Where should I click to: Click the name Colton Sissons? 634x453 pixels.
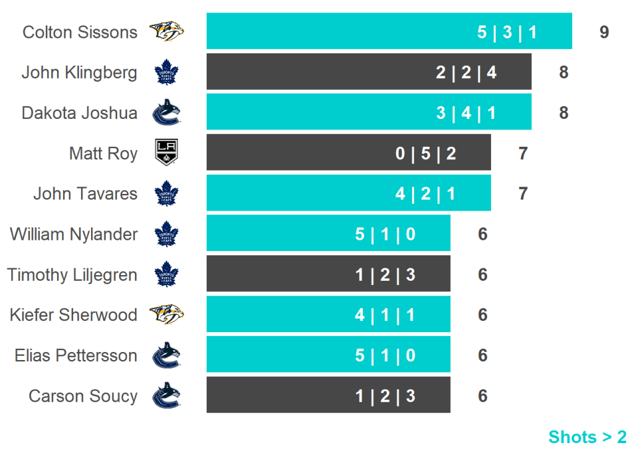(80, 32)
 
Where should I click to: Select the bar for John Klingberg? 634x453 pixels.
(368, 72)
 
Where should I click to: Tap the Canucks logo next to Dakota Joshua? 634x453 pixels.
(166, 113)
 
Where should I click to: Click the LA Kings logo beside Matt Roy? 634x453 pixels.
(166, 153)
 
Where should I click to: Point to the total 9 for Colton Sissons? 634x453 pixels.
(604, 32)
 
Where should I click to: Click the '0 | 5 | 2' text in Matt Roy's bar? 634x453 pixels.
(426, 153)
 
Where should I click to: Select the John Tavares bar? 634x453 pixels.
(349, 193)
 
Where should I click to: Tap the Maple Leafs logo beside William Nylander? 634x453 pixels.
(166, 234)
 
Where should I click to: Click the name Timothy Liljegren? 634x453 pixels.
(72, 275)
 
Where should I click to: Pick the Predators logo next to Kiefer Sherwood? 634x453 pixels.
(166, 314)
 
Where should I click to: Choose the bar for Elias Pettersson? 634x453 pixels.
(328, 355)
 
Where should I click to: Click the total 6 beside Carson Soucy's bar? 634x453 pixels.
(483, 395)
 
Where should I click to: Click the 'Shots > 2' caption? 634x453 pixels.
(587, 437)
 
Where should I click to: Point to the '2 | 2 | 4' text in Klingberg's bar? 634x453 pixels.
(466, 73)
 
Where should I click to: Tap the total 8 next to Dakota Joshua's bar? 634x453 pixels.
(563, 113)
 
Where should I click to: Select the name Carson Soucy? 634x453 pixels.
(83, 395)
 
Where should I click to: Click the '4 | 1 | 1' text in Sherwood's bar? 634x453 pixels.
(385, 315)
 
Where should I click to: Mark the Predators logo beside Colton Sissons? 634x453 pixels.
(166, 32)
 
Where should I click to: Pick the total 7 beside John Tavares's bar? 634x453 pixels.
(523, 193)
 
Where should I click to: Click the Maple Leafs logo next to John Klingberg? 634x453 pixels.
(166, 73)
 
